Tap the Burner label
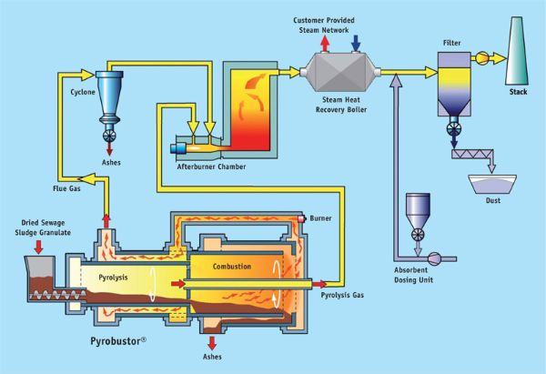click(x=324, y=219)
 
